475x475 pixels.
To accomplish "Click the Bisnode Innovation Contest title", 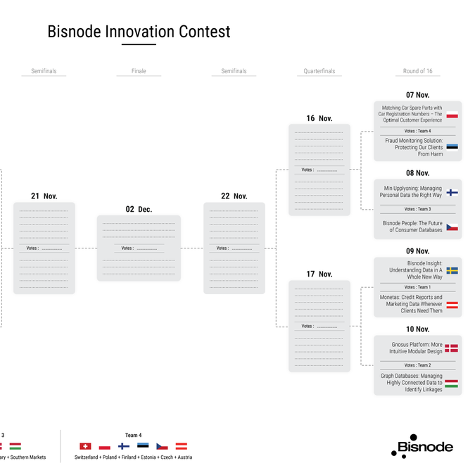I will (139, 32).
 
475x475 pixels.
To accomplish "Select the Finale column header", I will (139, 71).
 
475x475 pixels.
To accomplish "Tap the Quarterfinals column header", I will (319, 71).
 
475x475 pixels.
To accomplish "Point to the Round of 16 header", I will (417, 71).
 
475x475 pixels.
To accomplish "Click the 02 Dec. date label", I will (139, 209).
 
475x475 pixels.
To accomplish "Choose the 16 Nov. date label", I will (319, 118).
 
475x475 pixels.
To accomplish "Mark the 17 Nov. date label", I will (319, 274).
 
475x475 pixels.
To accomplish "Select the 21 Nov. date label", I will (44, 196).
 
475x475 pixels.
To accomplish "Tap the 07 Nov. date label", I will (417, 95).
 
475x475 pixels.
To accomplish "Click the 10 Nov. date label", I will (417, 329).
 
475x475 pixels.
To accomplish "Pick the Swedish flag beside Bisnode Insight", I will (452, 270).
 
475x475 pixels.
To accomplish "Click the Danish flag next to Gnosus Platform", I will (452, 348).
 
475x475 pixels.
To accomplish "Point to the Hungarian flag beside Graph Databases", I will (452, 384).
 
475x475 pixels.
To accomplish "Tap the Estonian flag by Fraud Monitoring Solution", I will (452, 148).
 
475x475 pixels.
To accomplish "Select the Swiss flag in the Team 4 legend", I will (85, 446).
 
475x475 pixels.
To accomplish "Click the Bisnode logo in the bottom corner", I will (422, 446).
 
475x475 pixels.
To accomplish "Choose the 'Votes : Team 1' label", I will (417, 287).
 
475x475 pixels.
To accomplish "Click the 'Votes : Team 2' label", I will (417, 365).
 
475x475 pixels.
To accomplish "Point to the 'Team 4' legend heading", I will (133, 435).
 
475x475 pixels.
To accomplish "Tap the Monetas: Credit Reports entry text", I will (412, 304).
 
